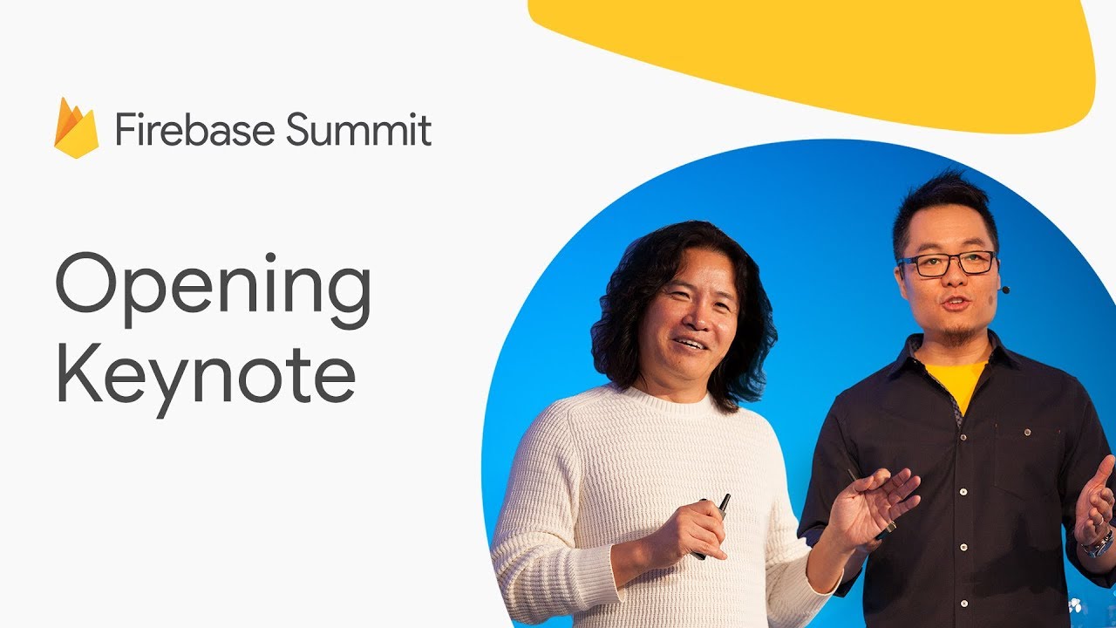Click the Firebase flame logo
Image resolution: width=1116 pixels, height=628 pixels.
[x=76, y=128]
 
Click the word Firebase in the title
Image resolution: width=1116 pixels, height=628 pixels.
[x=194, y=129]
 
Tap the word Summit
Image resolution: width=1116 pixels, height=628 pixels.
[x=358, y=128]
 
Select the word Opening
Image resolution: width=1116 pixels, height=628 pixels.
[x=214, y=290]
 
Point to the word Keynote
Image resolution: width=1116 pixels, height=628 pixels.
[x=207, y=379]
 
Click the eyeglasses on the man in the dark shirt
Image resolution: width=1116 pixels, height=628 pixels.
[x=947, y=263]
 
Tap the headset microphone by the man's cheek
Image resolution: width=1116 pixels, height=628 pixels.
[x=1005, y=290]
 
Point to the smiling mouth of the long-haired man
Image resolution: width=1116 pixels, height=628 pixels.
[x=690, y=344]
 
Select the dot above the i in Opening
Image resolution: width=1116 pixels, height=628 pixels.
[x=270, y=257]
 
